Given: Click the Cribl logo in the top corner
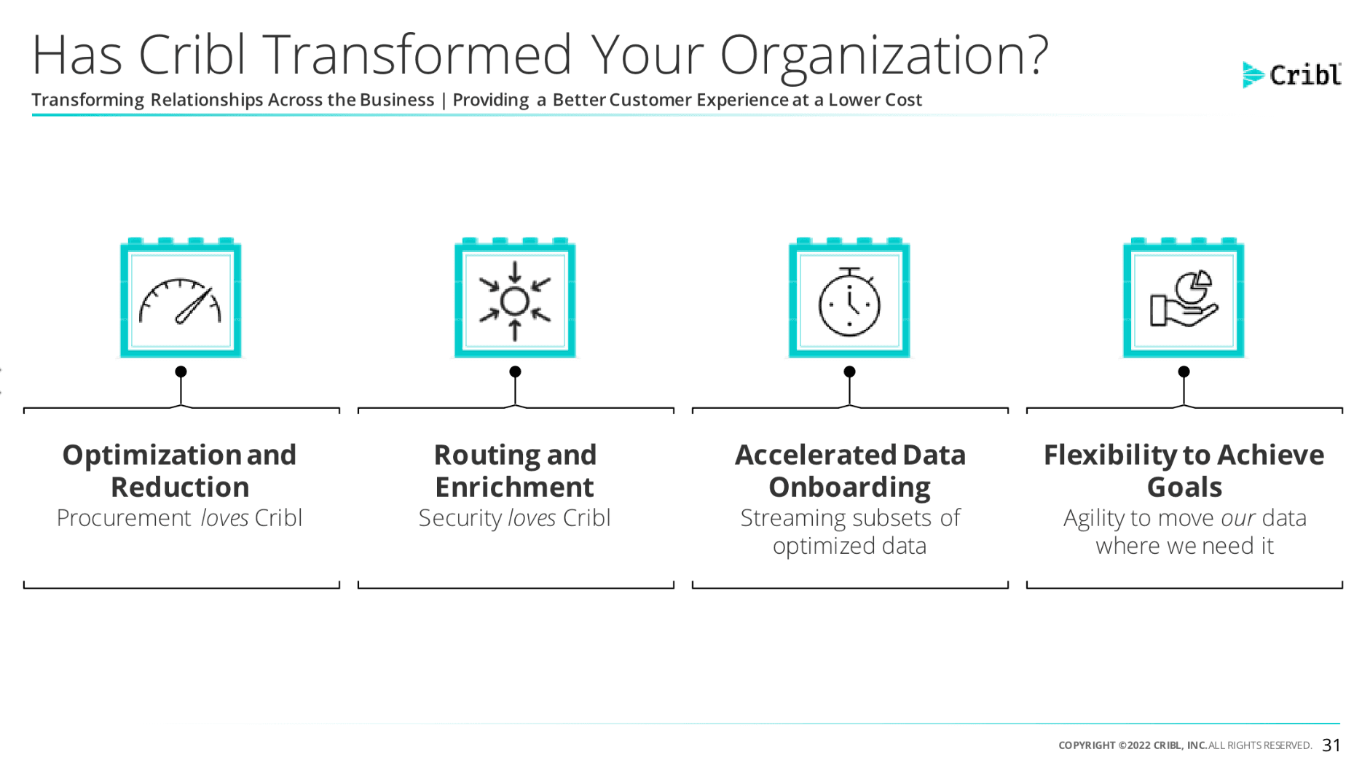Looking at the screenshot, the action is [x=1291, y=74].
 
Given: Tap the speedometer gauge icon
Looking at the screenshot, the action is [x=180, y=301].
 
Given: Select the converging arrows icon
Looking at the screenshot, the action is [x=515, y=301].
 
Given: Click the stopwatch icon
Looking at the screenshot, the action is [x=849, y=302].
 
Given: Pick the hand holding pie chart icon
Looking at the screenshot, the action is [x=1184, y=299].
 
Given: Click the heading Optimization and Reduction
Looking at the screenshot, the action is [x=180, y=471].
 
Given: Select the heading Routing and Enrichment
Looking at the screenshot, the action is [x=515, y=471].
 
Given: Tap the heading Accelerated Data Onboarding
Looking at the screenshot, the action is [x=850, y=471].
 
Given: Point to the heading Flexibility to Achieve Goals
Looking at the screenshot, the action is [x=1184, y=471].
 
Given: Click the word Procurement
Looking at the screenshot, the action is [x=124, y=518].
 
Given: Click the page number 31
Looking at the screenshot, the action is [x=1331, y=745].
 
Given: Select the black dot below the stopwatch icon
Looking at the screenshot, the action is [x=849, y=372].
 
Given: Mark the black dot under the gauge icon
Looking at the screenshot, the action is [x=181, y=372].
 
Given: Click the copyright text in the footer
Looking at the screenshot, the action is [x=1185, y=745].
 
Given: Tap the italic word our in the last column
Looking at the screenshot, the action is [x=1238, y=518].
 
